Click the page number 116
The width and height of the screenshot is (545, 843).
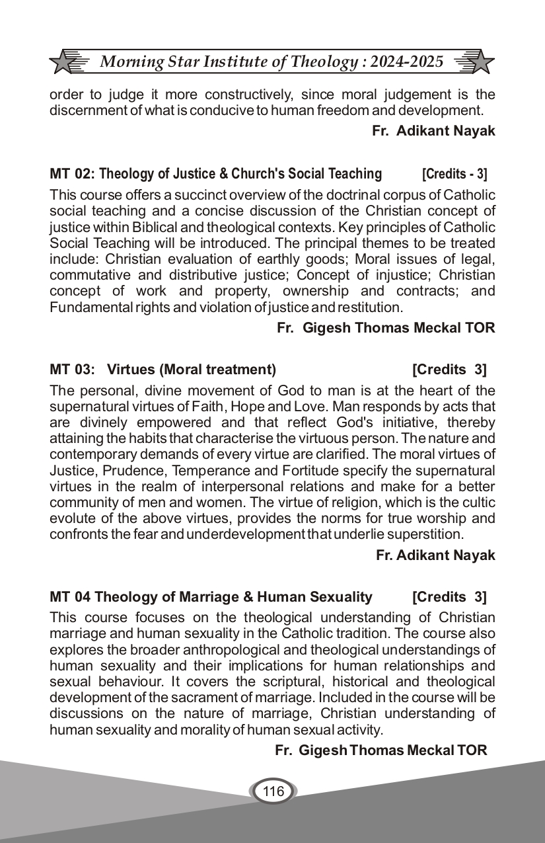(x=273, y=791)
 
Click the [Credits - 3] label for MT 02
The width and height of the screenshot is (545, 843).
(x=454, y=175)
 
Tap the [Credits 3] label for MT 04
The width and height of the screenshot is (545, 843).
(x=449, y=597)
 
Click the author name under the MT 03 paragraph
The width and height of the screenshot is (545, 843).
(x=435, y=555)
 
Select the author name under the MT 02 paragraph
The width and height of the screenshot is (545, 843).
(x=386, y=328)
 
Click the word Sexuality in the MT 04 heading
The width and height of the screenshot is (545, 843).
(x=340, y=597)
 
